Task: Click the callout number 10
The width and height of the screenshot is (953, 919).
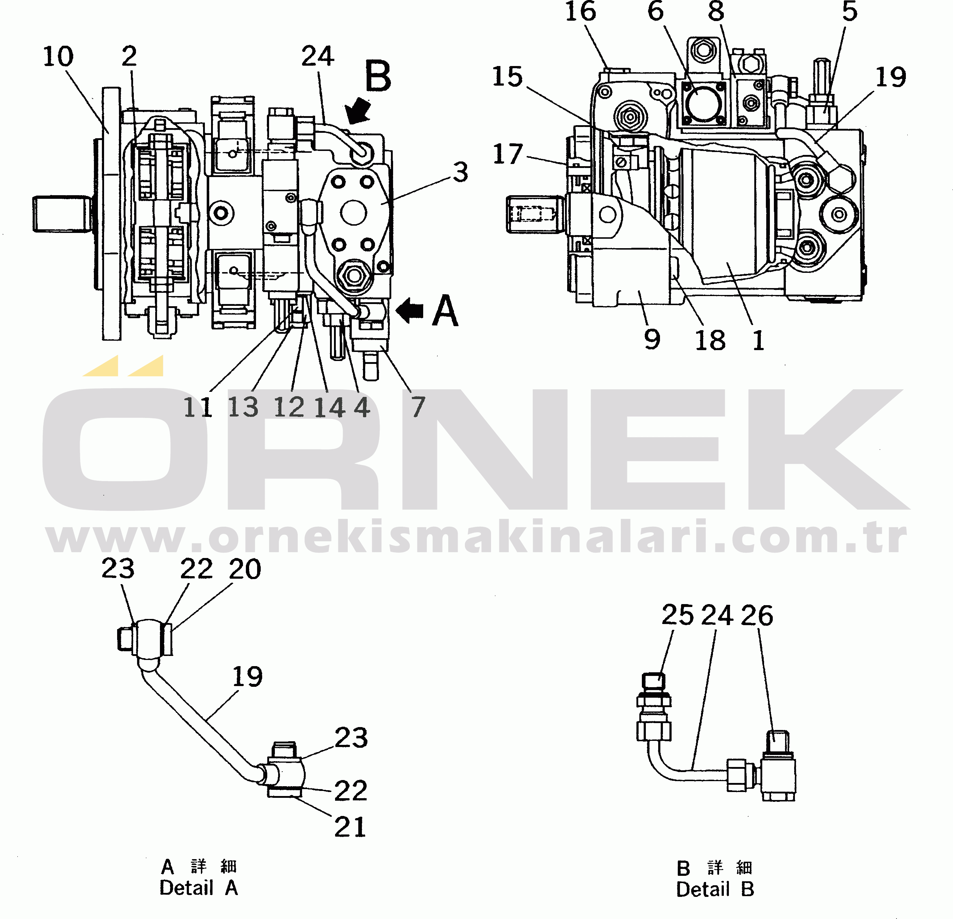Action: tap(58, 57)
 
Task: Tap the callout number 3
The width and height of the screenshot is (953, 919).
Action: tap(461, 172)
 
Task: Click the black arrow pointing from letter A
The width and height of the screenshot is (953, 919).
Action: tap(409, 310)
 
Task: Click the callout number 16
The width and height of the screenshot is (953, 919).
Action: tap(581, 11)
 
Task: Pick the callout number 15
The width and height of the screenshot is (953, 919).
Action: tap(507, 77)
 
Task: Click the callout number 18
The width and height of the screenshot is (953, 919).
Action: tap(710, 340)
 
